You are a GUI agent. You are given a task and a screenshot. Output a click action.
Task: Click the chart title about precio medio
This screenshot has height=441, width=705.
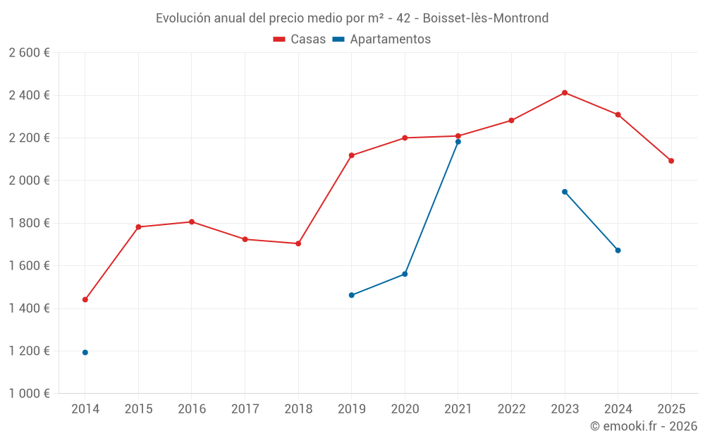(x=352, y=18)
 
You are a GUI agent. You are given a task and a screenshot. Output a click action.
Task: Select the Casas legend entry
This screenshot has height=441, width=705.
(x=300, y=40)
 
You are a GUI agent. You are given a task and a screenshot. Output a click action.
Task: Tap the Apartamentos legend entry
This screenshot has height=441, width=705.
(x=381, y=40)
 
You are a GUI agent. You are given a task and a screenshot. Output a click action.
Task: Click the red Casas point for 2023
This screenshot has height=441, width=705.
(x=565, y=92)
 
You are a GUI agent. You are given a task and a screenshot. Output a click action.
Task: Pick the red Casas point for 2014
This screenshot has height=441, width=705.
(x=85, y=299)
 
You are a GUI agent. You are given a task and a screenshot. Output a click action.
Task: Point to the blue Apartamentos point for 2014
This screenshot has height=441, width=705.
(x=85, y=352)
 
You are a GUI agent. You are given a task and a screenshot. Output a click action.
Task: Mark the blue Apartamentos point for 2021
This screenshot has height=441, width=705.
(x=458, y=142)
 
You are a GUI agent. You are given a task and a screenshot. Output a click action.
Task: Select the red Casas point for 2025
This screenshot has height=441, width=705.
(x=671, y=161)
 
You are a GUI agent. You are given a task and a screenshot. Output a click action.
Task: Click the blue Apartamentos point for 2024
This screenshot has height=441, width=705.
(x=618, y=250)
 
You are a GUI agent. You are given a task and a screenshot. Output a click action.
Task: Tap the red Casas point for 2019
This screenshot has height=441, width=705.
(x=352, y=155)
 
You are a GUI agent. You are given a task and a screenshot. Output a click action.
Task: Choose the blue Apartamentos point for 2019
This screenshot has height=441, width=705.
(x=352, y=295)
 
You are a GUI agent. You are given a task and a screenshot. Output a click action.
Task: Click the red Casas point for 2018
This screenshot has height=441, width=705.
(x=298, y=243)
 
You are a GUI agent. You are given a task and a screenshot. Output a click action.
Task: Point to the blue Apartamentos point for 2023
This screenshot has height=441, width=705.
(x=565, y=192)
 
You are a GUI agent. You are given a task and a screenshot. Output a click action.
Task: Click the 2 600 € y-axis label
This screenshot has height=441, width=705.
(x=29, y=53)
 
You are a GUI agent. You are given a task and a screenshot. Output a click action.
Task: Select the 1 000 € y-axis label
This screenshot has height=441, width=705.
(x=29, y=394)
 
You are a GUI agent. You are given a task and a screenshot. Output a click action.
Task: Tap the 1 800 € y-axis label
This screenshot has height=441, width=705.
(x=29, y=223)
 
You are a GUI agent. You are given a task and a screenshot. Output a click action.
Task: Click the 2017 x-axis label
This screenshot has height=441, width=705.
(x=245, y=409)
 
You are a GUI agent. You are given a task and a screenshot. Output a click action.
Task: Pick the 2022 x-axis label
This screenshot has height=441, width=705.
(x=511, y=409)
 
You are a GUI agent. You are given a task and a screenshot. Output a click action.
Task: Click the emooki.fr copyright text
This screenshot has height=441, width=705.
(x=643, y=426)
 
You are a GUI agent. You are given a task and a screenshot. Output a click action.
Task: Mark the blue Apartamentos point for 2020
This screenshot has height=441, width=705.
(x=405, y=274)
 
